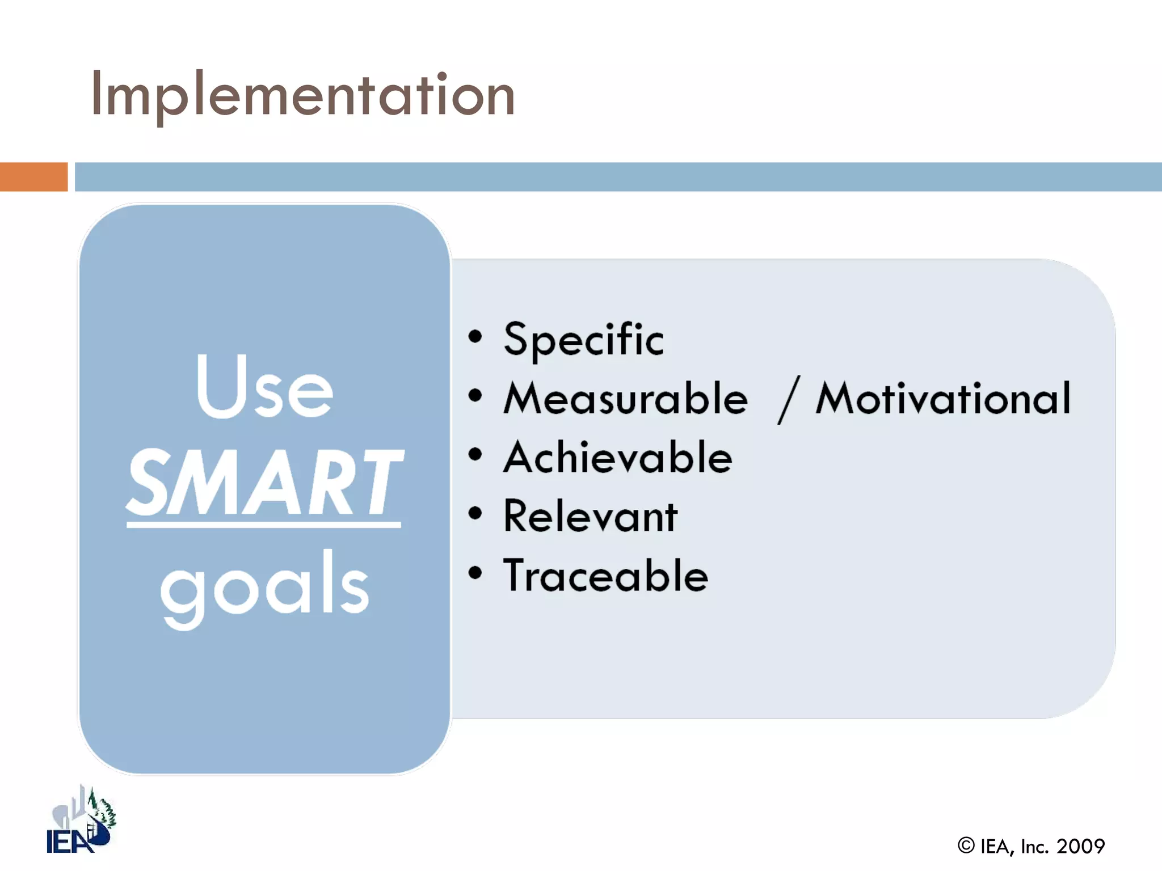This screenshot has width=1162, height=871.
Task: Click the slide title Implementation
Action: [x=302, y=95]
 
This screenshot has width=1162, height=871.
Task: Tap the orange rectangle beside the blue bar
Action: [x=33, y=176]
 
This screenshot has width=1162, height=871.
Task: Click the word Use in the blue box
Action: [x=264, y=387]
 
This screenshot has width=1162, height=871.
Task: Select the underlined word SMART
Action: [x=264, y=482]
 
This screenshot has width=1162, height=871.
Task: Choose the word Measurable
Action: [x=626, y=399]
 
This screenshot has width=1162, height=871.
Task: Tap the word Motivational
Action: [x=943, y=399]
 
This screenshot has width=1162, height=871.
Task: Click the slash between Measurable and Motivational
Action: [x=789, y=400]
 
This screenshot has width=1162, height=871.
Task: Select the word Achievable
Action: [x=618, y=458]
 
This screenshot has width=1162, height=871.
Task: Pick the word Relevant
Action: [x=590, y=517]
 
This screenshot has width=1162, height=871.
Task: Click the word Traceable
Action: [x=605, y=576]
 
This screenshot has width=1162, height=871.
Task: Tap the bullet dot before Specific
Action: [x=475, y=337]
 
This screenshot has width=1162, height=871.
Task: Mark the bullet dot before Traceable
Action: [x=475, y=573]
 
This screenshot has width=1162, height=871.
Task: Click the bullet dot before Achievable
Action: [x=475, y=454]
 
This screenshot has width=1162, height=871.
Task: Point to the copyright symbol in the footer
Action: [x=966, y=845]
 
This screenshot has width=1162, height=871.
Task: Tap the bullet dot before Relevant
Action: [x=475, y=514]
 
